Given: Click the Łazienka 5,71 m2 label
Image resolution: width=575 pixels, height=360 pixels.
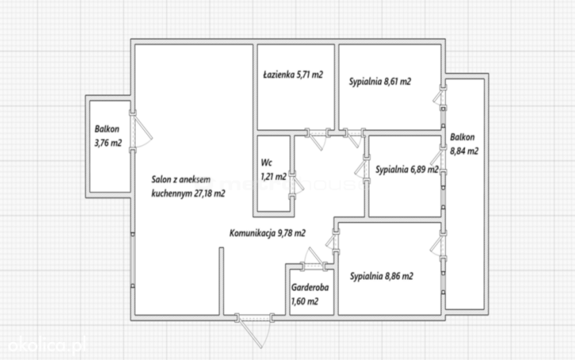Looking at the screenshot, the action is pyautogui.click(x=293, y=75).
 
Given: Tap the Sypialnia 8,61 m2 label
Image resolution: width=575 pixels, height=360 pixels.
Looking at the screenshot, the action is pyautogui.click(x=380, y=82).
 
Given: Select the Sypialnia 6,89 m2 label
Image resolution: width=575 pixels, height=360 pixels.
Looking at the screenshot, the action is pyautogui.click(x=407, y=170).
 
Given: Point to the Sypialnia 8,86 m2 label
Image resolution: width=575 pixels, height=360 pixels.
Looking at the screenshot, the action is pyautogui.click(x=382, y=276).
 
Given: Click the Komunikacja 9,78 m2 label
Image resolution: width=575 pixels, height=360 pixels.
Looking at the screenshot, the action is pyautogui.click(x=267, y=233).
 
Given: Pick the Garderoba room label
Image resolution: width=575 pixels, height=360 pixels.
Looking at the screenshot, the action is pyautogui.click(x=310, y=288).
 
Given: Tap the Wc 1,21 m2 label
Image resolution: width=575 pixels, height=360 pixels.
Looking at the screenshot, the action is pyautogui.click(x=274, y=170).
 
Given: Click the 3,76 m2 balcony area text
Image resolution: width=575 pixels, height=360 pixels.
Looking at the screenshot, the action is pyautogui.click(x=108, y=143).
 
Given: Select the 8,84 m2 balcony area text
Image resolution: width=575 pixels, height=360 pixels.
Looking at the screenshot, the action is pyautogui.click(x=464, y=151).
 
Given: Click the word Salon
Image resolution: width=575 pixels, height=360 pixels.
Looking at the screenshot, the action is pyautogui.click(x=161, y=179).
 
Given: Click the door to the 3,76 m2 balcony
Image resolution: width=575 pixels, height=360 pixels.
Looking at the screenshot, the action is pyautogui.click(x=141, y=132).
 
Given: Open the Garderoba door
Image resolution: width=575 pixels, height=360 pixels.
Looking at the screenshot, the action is pyautogui.click(x=313, y=259).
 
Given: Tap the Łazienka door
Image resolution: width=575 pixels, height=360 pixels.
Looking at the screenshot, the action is pyautogui.click(x=317, y=138).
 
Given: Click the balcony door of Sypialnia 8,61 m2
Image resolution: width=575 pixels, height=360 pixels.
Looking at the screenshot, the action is pyautogui.click(x=439, y=98).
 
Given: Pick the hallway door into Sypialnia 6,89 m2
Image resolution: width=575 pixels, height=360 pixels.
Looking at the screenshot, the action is pyautogui.click(x=361, y=170).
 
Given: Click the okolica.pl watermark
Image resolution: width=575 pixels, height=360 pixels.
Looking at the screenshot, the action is pyautogui.click(x=47, y=345).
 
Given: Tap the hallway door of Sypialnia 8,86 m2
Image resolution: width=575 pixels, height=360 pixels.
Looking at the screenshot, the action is pyautogui.click(x=333, y=241).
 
